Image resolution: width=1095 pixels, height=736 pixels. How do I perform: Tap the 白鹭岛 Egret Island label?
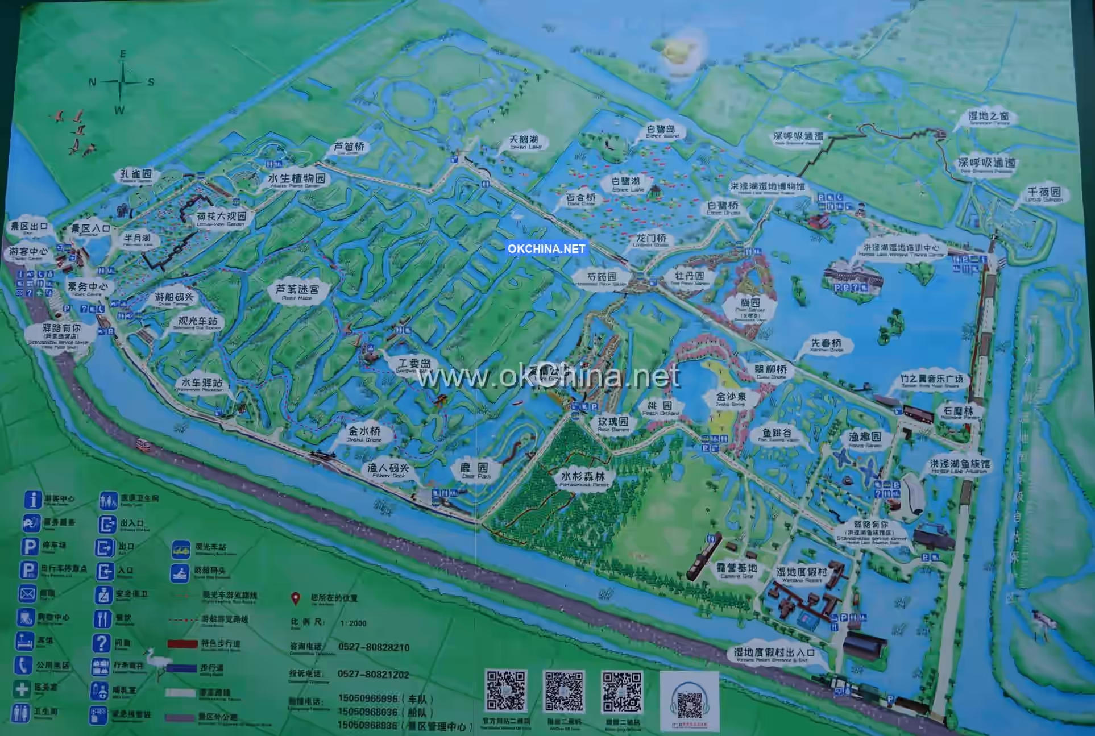click(661, 132)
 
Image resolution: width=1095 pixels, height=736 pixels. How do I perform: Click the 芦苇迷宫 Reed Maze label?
click(297, 292)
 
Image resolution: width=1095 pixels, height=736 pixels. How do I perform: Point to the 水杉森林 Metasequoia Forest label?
click(583, 478)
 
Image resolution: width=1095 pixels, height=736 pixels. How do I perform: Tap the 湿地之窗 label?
click(989, 118)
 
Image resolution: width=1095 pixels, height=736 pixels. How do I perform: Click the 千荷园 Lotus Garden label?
click(1044, 194)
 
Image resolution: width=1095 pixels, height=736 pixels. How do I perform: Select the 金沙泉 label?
click(731, 398)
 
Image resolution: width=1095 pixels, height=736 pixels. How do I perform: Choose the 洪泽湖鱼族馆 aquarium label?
click(959, 466)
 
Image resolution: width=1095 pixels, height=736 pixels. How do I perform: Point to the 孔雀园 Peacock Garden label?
click(136, 176)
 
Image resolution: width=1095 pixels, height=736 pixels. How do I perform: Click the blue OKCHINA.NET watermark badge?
click(546, 248)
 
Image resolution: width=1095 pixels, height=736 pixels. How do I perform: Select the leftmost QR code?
click(505, 691)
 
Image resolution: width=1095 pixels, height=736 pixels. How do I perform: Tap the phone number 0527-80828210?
click(374, 647)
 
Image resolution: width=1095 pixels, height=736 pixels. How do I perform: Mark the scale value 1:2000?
click(353, 623)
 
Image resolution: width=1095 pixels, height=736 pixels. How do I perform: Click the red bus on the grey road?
click(143, 443)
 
